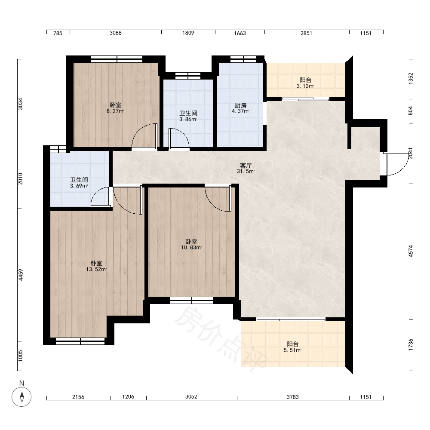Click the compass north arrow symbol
(21, 396)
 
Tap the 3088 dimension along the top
(115, 33)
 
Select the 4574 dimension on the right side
(411, 251)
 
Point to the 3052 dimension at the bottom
(191, 396)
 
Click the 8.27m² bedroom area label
(115, 111)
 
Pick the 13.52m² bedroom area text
(96, 269)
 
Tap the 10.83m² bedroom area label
(191, 247)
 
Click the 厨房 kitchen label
(240, 105)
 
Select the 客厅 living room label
(246, 166)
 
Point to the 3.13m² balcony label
(305, 86)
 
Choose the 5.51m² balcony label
(292, 350)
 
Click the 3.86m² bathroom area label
(188, 119)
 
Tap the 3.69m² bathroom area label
(79, 186)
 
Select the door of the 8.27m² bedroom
(144, 136)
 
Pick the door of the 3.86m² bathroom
(179, 139)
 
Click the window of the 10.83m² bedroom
(191, 300)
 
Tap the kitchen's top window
(243, 59)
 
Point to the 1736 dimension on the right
(411, 344)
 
